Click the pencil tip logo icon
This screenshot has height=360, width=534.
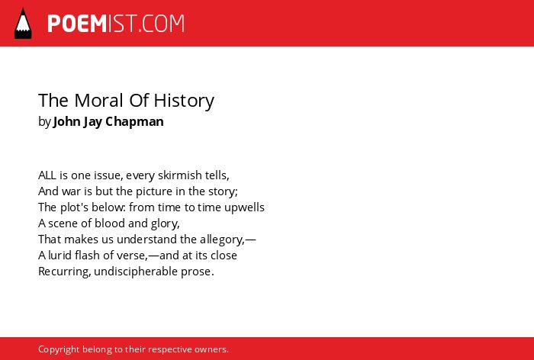coord(23,23)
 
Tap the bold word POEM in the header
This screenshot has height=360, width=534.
coord(77,24)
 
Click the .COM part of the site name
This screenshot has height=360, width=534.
coord(162,24)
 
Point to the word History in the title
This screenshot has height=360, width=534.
coord(184,101)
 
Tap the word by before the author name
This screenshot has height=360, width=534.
coord(44,122)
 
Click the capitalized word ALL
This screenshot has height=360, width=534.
coord(47,175)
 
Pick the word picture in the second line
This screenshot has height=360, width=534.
coord(154,191)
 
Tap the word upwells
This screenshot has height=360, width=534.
coord(244,207)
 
